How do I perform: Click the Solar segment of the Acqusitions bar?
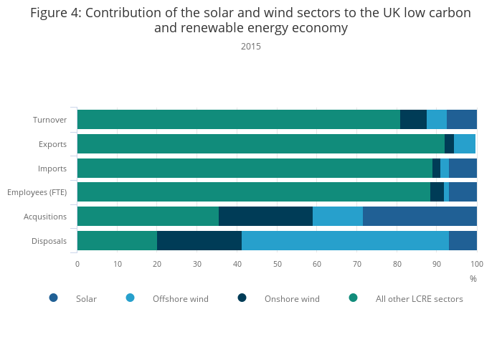tap(420, 216)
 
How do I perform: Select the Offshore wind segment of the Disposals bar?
tap(345, 240)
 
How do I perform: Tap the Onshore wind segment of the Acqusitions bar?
tap(265, 216)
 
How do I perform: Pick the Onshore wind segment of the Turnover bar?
tap(413, 120)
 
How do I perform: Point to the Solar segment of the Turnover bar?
tap(462, 120)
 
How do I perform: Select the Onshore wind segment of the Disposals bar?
tap(199, 240)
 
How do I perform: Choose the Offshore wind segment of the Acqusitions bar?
tap(338, 216)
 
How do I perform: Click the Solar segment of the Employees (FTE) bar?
tap(463, 192)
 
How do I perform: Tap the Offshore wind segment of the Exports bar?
tap(465, 143)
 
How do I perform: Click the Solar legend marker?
tap(53, 298)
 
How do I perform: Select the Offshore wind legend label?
tap(180, 298)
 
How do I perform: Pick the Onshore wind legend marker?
tap(242, 298)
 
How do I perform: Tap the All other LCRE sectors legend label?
tap(419, 298)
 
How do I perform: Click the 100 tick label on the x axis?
tap(477, 264)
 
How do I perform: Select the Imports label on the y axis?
tap(52, 168)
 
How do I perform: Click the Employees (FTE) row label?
tap(37, 192)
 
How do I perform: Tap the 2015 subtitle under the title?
tap(251, 47)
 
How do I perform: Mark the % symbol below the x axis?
tap(473, 278)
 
